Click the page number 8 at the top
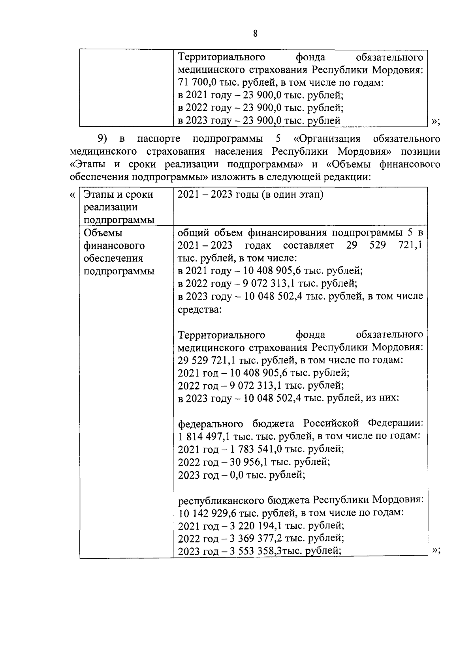(255, 34)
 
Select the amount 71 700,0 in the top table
(197, 83)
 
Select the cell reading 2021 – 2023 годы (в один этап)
(250, 195)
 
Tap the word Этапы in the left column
(98, 195)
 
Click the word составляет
(308, 245)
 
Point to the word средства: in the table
(199, 309)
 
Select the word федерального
(210, 424)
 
